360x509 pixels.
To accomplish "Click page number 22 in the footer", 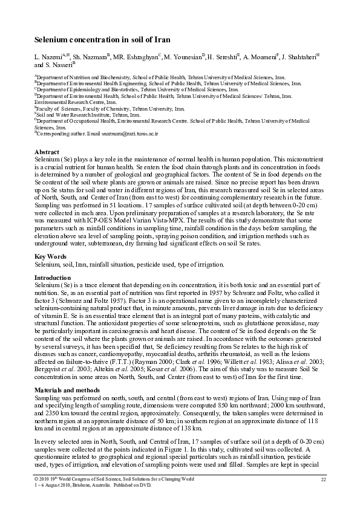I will point(323,479).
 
